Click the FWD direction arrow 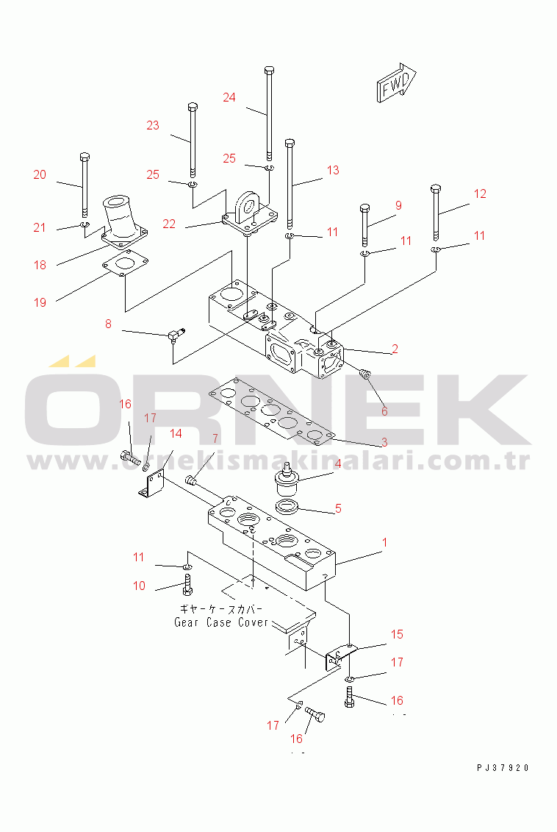click(x=396, y=82)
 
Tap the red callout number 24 click(x=229, y=97)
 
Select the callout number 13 click(x=333, y=170)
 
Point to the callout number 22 click(x=169, y=224)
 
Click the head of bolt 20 click(x=85, y=157)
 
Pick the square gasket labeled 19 click(x=126, y=263)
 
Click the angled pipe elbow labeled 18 click(x=124, y=222)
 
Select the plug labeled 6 click(x=364, y=374)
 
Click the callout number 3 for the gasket click(x=385, y=441)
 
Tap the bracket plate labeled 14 click(x=153, y=485)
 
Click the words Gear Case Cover click(x=221, y=622)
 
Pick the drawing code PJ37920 click(x=503, y=768)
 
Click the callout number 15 click(x=397, y=634)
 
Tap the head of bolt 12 click(x=436, y=189)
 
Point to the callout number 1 click(x=385, y=542)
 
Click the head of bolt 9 click(x=364, y=207)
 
